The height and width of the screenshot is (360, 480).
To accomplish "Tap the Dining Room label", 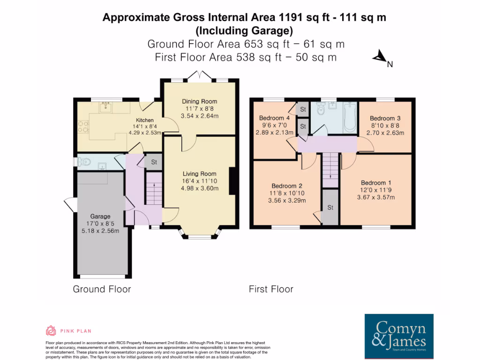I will pos(199,102).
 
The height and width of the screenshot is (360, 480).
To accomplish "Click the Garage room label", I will pos(100,216).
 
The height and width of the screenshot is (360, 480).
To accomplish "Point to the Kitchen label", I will pos(145,120).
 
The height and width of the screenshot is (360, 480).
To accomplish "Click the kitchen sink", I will pos(105,108).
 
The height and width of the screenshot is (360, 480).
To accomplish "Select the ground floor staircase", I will pos(153,187).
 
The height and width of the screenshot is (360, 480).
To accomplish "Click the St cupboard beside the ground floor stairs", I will pos(153,162).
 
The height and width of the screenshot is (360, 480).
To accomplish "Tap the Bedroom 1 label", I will pos(376,182).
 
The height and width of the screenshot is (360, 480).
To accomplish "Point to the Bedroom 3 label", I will pos(385,118).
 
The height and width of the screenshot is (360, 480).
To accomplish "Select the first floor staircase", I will pos(330,169).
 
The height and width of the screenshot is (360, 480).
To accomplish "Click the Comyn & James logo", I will pos(399,336).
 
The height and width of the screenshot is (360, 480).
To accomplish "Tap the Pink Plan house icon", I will pos(51,330).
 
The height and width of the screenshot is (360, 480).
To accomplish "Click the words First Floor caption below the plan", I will pos(271,289).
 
